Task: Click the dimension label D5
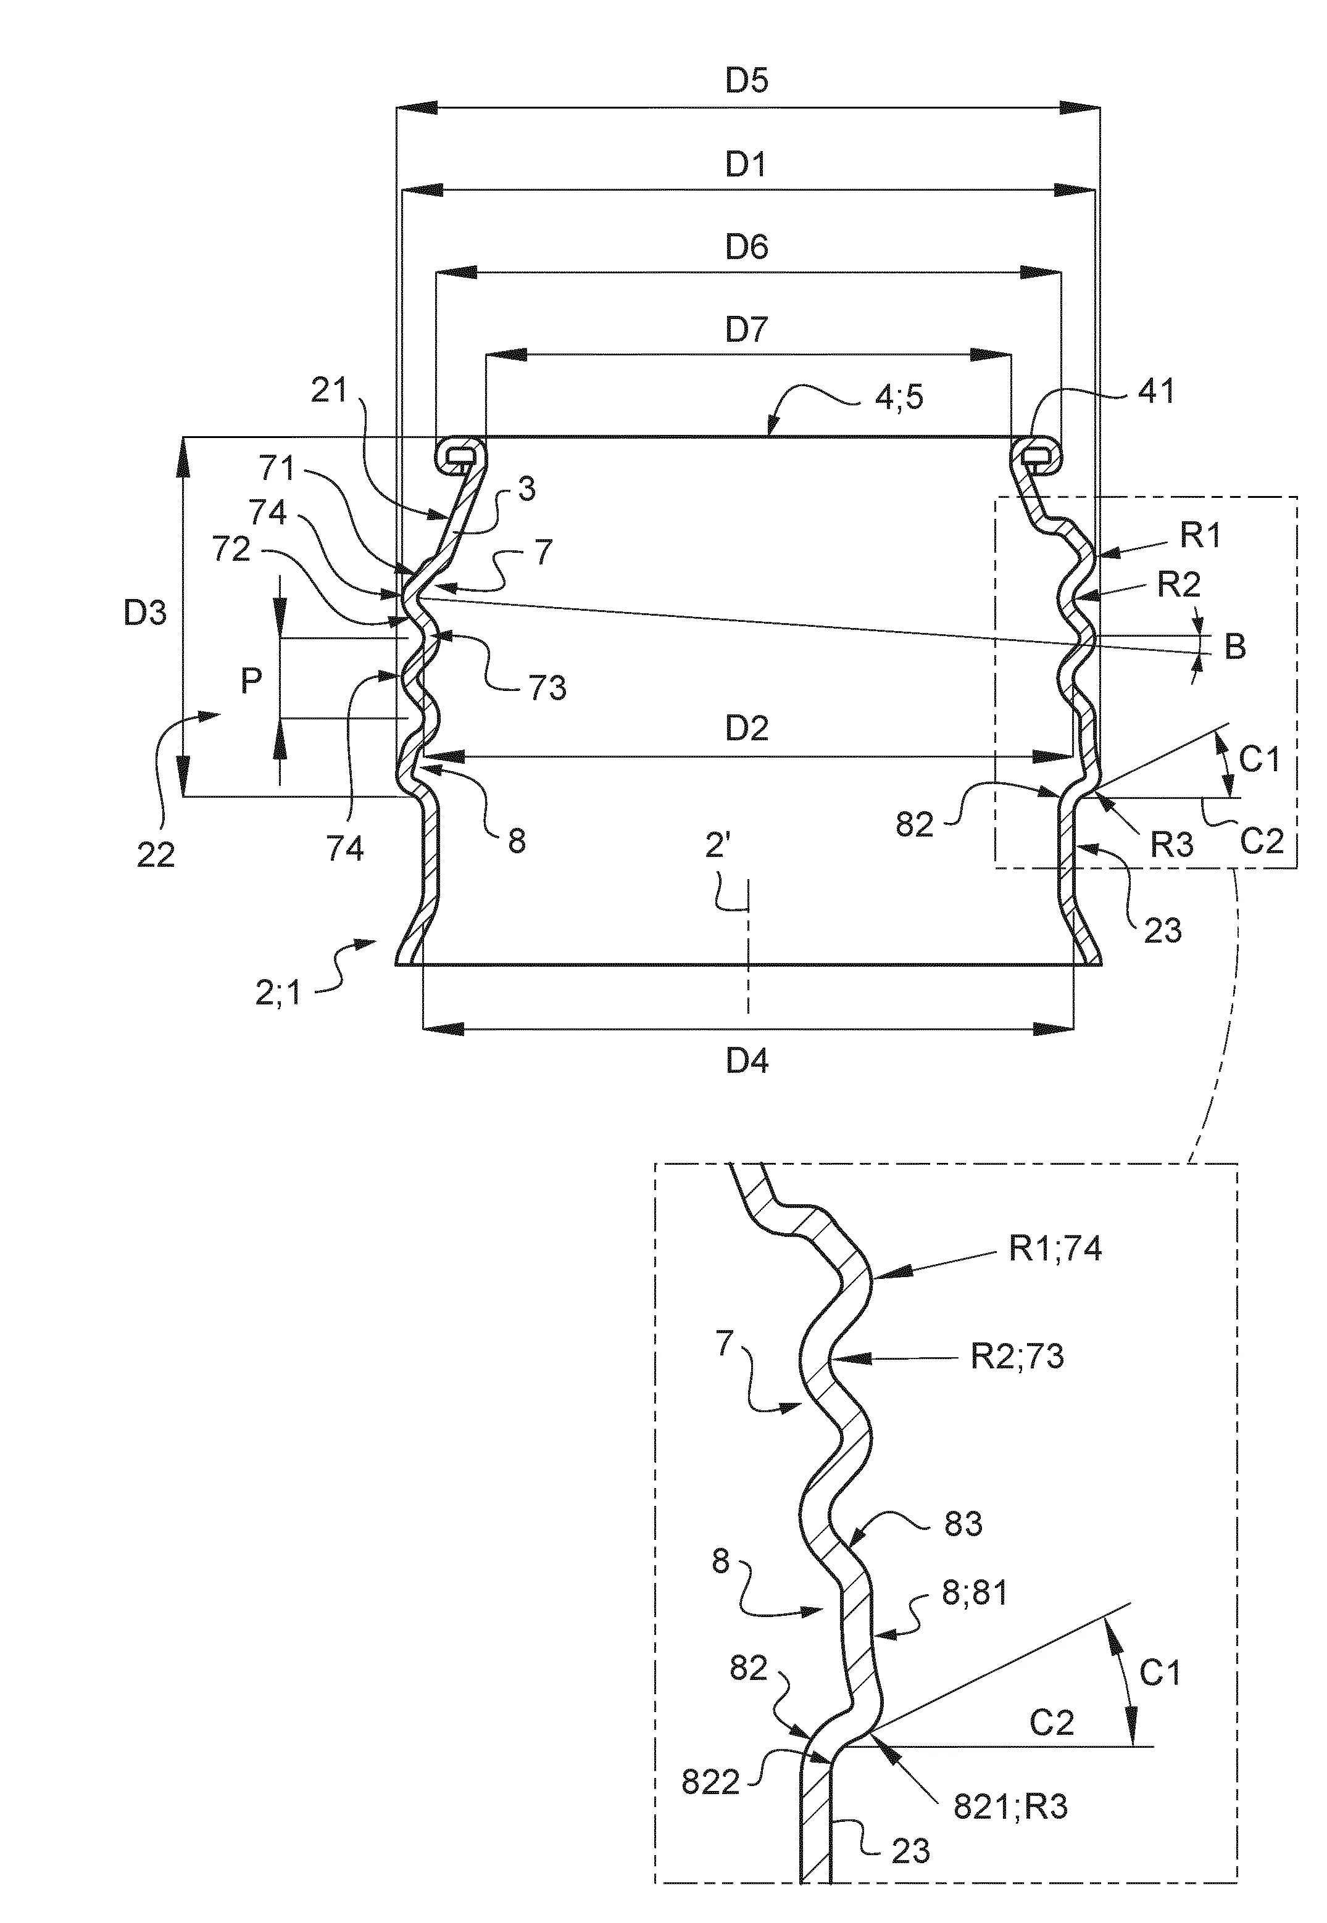[x=747, y=81]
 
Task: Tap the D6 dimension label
[x=747, y=247]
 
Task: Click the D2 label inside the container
[x=747, y=729]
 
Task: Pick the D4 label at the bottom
[x=747, y=1061]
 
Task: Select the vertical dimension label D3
[x=146, y=613]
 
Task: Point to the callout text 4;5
[x=899, y=397]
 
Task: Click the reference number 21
[x=328, y=390]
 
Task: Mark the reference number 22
[x=156, y=854]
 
